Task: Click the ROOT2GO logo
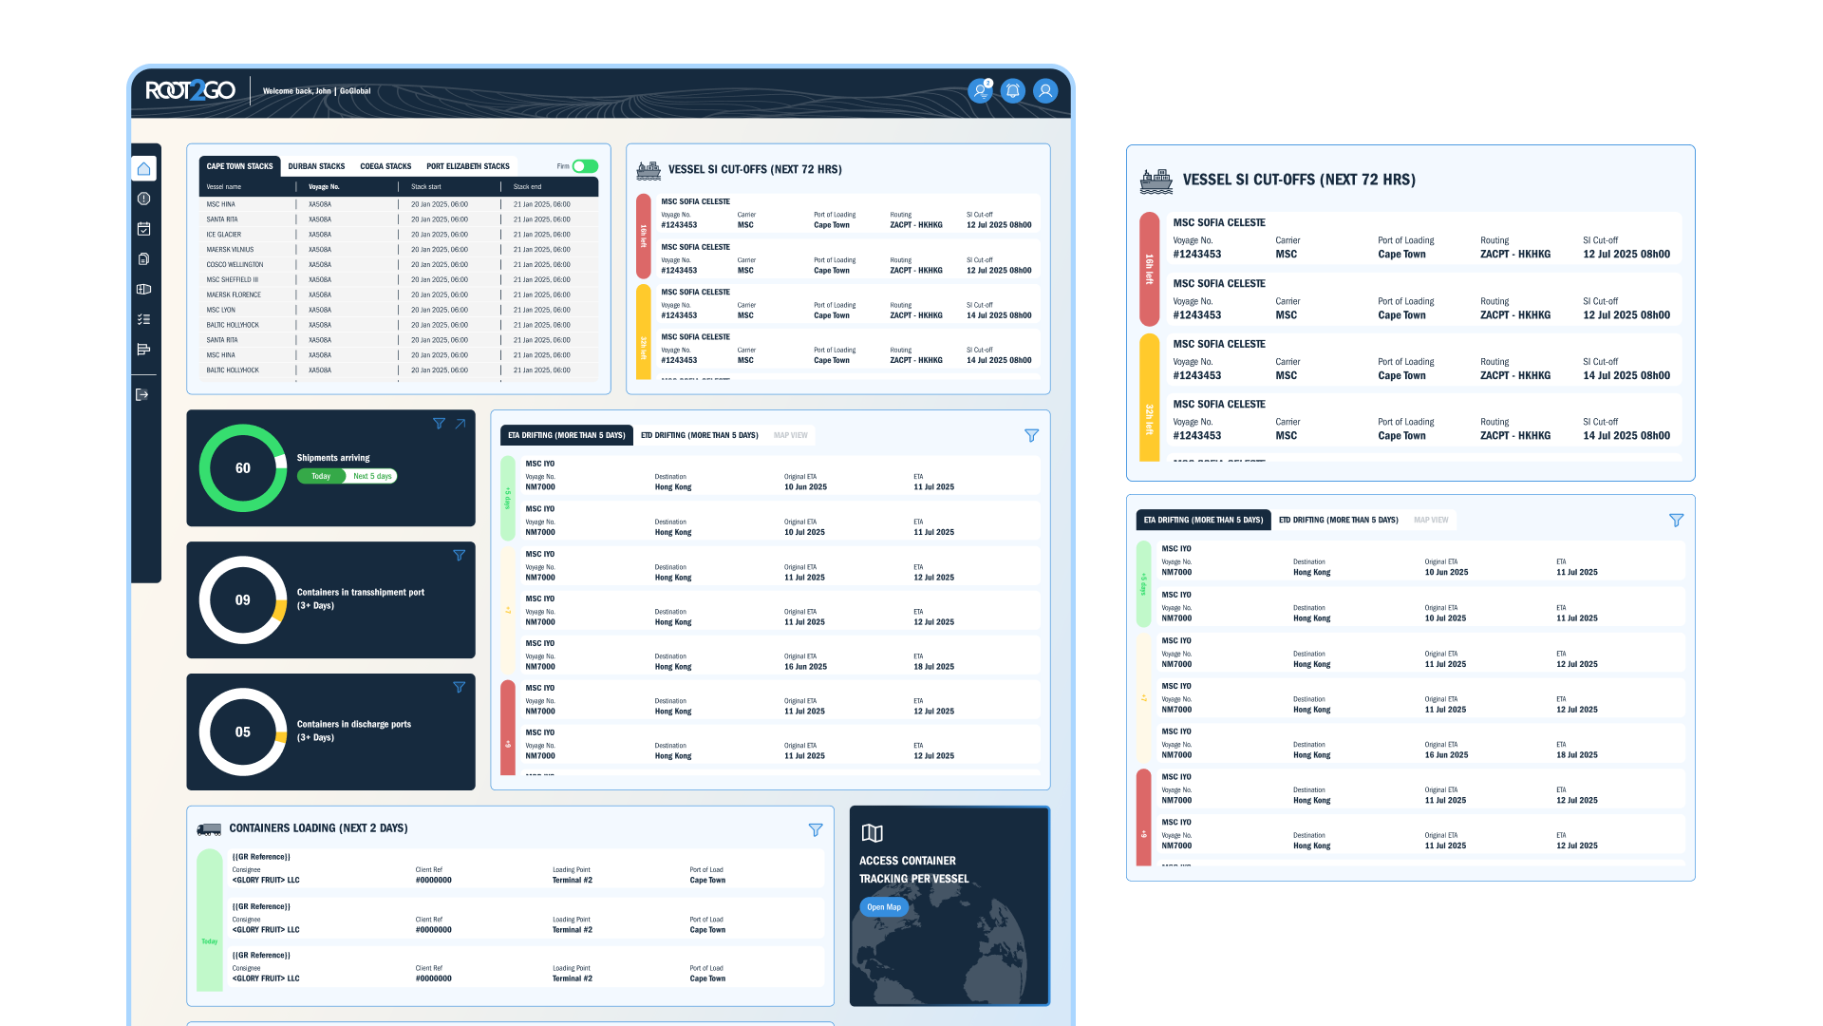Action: click(190, 90)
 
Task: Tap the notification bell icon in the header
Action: click(1013, 91)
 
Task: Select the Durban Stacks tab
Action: click(316, 166)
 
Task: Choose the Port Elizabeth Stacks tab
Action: click(468, 166)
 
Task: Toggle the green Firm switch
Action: click(585, 166)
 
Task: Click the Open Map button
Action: click(884, 907)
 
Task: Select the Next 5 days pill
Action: click(372, 477)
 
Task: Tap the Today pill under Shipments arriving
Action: click(321, 477)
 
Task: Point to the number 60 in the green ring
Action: click(243, 468)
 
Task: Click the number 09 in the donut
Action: click(243, 600)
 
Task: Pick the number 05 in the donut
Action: click(243, 732)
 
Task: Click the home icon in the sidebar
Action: click(143, 169)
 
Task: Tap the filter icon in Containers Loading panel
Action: click(816, 830)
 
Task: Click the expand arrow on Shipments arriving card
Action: click(460, 424)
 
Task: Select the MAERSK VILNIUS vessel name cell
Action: click(230, 250)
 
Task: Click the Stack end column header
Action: click(528, 187)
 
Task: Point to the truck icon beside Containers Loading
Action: click(209, 829)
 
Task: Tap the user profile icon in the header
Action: click(1045, 91)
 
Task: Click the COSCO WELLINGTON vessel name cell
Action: click(235, 265)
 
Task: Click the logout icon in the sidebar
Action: click(142, 395)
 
